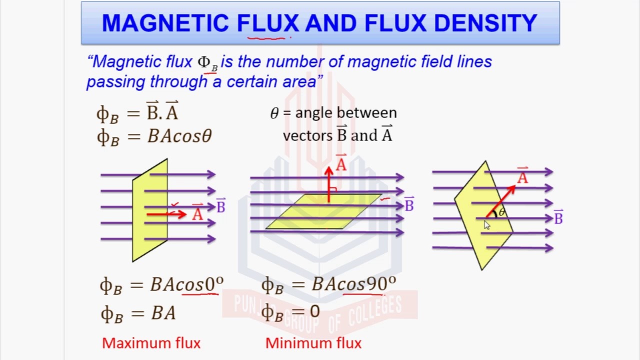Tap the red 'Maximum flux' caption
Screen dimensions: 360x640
(151, 343)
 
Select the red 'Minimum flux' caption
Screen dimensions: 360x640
(313, 343)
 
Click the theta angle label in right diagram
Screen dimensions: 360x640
(502, 212)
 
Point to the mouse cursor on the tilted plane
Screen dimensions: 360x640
(487, 225)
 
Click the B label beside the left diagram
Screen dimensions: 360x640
(220, 206)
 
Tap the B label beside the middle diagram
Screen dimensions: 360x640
(409, 204)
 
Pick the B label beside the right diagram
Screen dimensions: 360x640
(558, 217)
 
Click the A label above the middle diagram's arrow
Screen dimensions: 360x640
(341, 163)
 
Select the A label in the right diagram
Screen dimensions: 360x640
(522, 176)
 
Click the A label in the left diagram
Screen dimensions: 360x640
(197, 213)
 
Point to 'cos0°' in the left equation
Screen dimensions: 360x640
(200, 284)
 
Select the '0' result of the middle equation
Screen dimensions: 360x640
(314, 312)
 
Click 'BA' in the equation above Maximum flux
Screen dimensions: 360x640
(163, 313)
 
